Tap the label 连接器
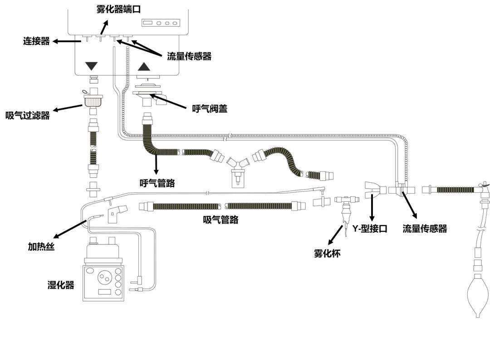pyautogui.click(x=36, y=41)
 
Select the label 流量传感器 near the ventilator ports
pyautogui.click(x=189, y=56)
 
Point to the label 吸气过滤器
pyautogui.click(x=28, y=115)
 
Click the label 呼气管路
pyautogui.click(x=157, y=183)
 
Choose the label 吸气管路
pyautogui.click(x=221, y=220)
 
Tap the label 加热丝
pyautogui.click(x=41, y=247)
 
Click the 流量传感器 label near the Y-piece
pyautogui.click(x=425, y=229)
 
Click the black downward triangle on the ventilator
pyautogui.click(x=92, y=66)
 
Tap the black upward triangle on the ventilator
pyautogui.click(x=144, y=67)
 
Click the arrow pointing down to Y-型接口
pyautogui.click(x=372, y=207)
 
